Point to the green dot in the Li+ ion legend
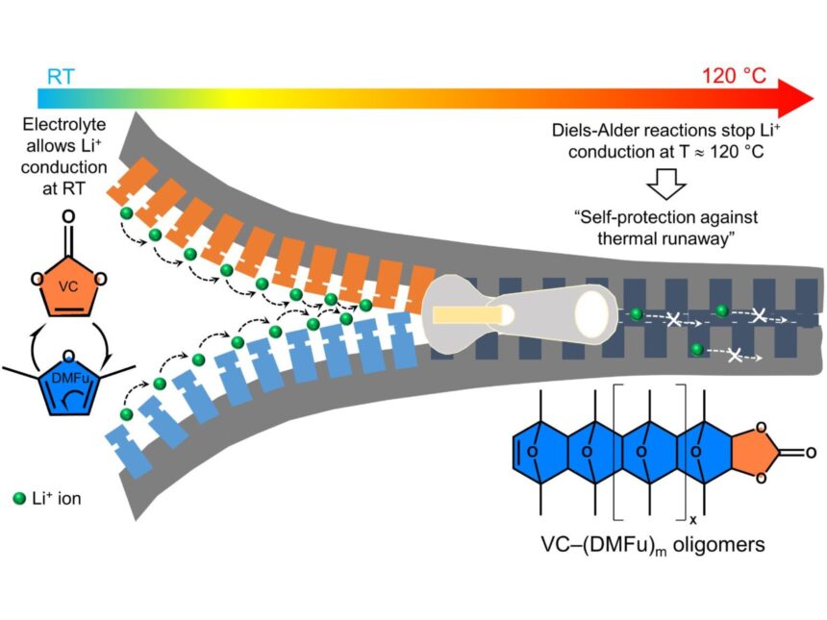18,498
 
